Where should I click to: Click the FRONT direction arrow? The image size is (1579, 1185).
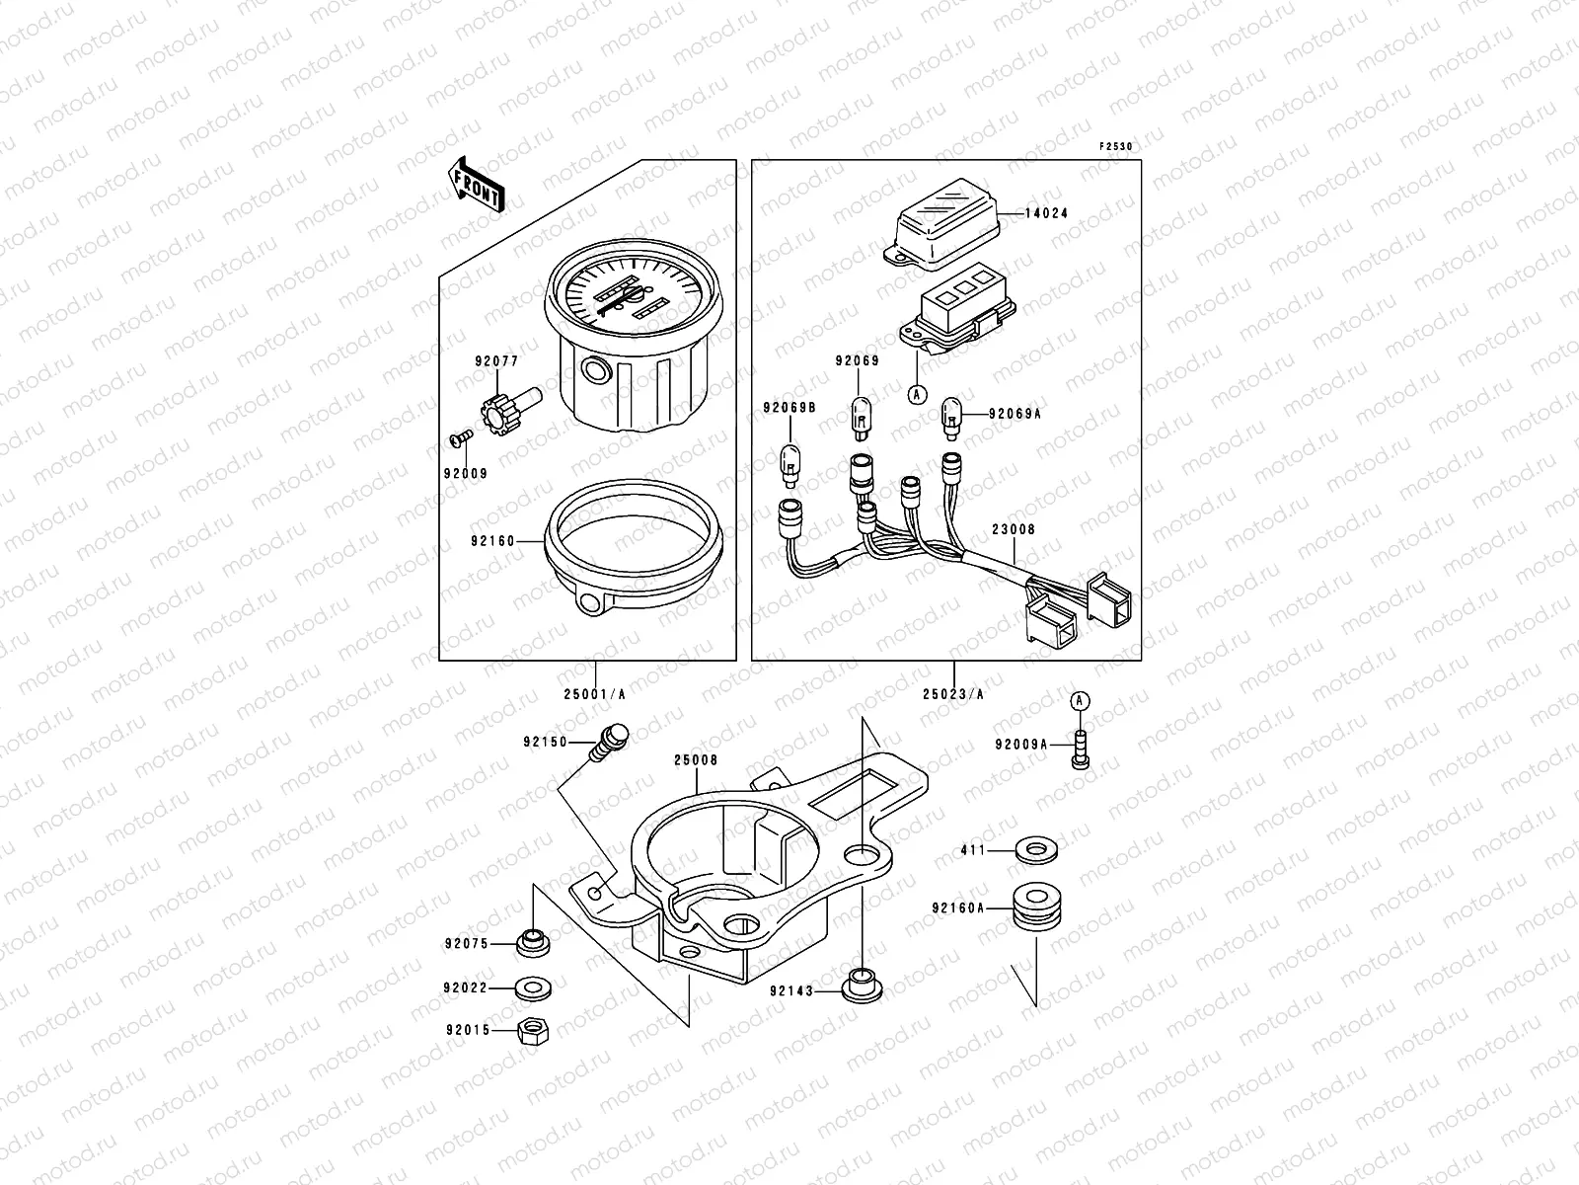tap(478, 185)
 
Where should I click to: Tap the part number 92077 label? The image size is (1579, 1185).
tap(494, 362)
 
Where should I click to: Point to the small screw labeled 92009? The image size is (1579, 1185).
tap(458, 435)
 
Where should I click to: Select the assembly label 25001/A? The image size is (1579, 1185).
tap(595, 693)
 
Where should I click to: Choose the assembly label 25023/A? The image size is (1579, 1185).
tap(953, 693)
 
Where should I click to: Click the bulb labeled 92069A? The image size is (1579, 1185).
tap(953, 415)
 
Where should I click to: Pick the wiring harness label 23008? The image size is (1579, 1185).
tap(1014, 530)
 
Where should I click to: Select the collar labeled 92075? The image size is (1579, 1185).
tap(533, 943)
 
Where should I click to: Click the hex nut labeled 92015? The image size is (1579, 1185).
tap(534, 1033)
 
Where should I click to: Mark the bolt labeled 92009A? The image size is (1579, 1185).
tap(1081, 748)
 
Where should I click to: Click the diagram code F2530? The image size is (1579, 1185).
tap(1116, 146)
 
